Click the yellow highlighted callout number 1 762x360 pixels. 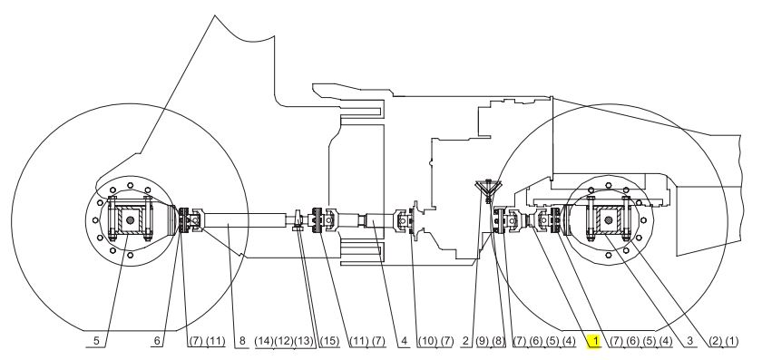[x=594, y=341]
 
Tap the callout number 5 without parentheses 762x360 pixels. [x=96, y=341]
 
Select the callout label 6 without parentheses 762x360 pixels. [x=157, y=341]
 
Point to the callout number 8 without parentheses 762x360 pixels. [x=242, y=341]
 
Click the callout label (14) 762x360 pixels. [x=264, y=341]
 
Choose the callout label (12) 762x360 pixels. [x=284, y=341]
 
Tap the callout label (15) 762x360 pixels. [x=329, y=341]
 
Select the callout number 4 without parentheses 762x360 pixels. [x=405, y=341]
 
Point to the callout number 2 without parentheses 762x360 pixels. [x=465, y=341]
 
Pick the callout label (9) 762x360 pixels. [x=482, y=341]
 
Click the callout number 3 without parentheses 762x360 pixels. [x=689, y=341]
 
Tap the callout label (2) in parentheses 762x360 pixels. [x=715, y=341]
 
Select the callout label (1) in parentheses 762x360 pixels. [x=731, y=341]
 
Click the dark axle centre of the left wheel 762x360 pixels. [x=130, y=220]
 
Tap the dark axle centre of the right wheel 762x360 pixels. [x=608, y=220]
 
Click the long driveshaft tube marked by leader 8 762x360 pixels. [x=244, y=220]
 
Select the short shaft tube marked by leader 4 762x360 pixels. [x=378, y=220]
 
